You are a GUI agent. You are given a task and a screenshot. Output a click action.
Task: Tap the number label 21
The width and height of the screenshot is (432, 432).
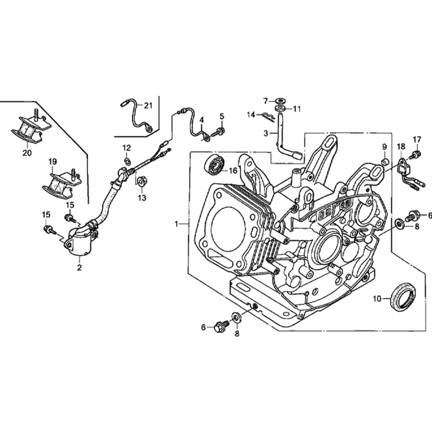coord(149,105)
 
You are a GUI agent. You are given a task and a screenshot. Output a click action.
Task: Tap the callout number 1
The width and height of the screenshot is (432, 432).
coord(176,223)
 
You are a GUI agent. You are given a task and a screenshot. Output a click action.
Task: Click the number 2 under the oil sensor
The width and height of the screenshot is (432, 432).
coord(79,268)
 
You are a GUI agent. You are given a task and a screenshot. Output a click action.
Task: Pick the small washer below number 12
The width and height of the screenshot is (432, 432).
coord(127,162)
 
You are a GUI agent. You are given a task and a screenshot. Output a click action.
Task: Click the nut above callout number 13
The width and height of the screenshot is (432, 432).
coord(140,180)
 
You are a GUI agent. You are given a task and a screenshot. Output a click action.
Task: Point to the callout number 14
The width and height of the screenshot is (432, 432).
coord(251,114)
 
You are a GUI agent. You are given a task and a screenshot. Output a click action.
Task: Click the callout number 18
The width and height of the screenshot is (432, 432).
coord(400,147)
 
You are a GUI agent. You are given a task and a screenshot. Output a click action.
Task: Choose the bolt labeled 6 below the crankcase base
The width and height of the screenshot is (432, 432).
coord(220,327)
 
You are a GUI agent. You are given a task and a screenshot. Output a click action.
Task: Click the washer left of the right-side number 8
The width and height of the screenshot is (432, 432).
coord(398,223)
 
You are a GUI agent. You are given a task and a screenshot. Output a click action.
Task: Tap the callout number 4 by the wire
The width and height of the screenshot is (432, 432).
coord(201,119)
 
